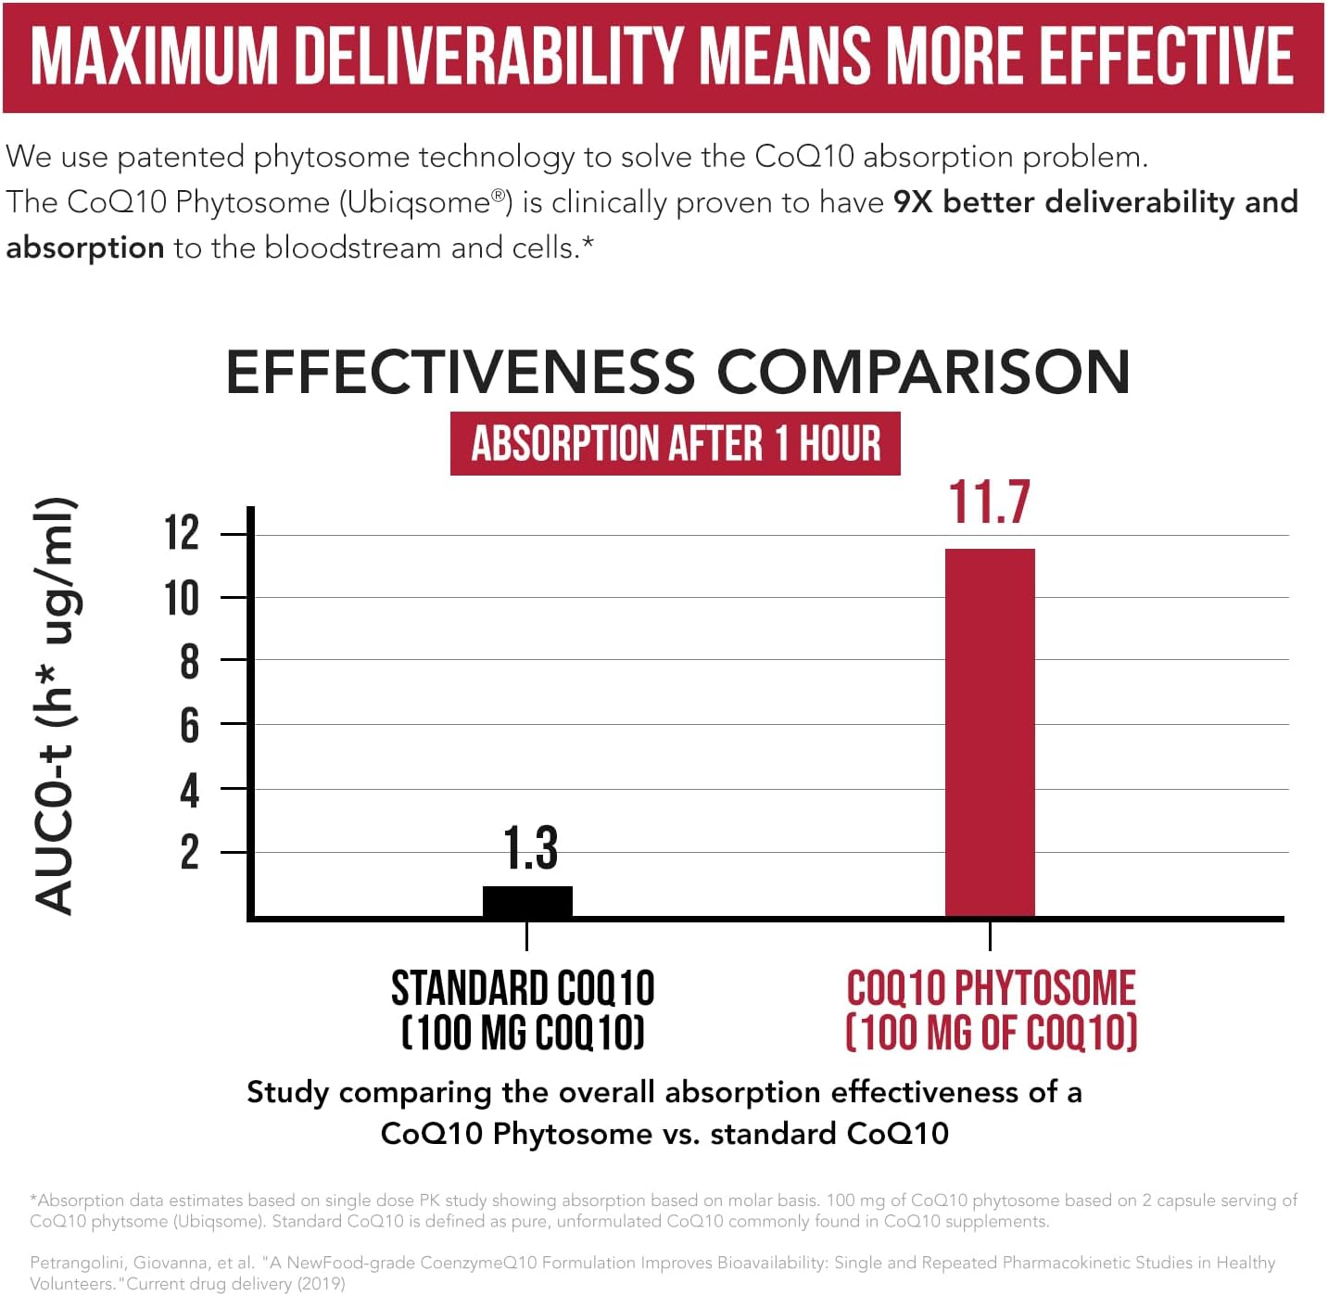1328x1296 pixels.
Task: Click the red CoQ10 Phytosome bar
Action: coord(989,732)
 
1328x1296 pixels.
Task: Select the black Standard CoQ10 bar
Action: coord(527,901)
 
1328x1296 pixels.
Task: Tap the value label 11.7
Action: coord(989,503)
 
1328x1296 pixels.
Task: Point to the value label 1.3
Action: coord(530,848)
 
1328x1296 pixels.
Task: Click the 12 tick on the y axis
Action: coord(182,533)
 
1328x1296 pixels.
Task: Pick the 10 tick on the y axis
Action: coord(182,598)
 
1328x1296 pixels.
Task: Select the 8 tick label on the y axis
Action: coord(189,662)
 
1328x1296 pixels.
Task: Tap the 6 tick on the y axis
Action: coord(189,725)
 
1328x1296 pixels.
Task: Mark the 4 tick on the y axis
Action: coord(189,790)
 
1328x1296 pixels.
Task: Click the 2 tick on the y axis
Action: coord(189,852)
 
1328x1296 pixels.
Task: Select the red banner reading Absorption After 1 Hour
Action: coord(675,443)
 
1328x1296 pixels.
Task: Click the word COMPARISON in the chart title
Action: coord(923,372)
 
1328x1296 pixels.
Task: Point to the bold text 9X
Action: coord(912,202)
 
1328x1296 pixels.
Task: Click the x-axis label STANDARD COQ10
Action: coord(523,988)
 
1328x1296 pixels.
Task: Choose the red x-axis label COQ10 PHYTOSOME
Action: coord(991,988)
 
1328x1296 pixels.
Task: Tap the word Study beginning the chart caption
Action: coord(287,1093)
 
